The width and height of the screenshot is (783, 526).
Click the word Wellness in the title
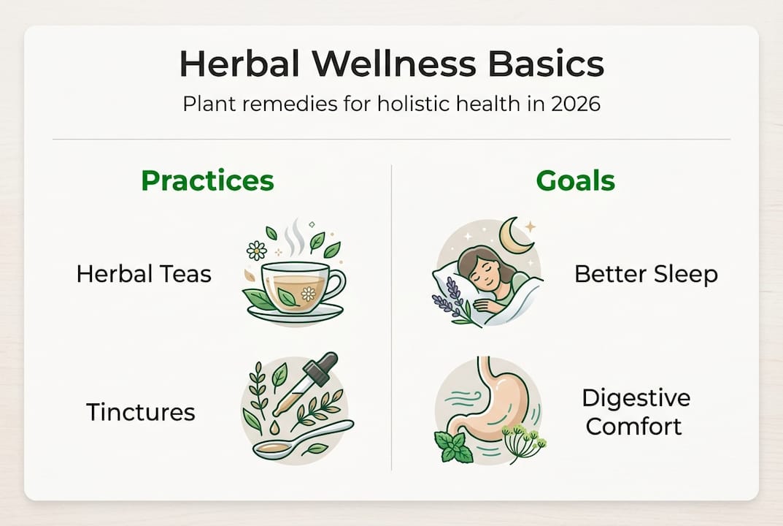(x=393, y=64)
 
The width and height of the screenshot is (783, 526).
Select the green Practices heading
(x=207, y=180)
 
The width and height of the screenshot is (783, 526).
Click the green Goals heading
(x=575, y=180)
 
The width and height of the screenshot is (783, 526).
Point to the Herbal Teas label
(x=144, y=274)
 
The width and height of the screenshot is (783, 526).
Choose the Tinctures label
(x=141, y=412)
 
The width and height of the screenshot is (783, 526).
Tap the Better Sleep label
(x=646, y=275)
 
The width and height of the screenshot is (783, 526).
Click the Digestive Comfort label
(x=636, y=412)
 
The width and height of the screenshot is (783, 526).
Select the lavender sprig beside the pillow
(x=452, y=300)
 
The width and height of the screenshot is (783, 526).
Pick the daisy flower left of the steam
(x=257, y=250)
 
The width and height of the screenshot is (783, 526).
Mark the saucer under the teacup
(x=296, y=313)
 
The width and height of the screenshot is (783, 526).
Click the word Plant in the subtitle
(x=203, y=104)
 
